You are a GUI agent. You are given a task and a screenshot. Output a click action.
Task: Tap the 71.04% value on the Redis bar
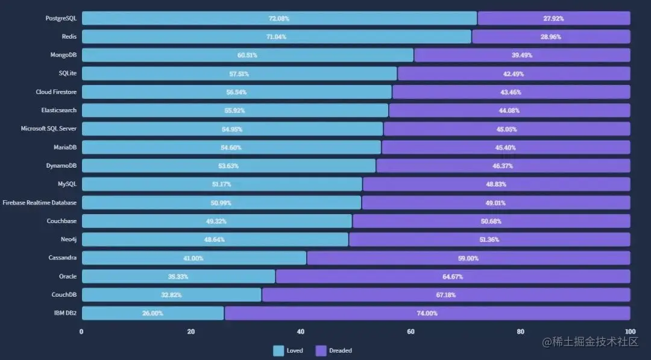coord(276,37)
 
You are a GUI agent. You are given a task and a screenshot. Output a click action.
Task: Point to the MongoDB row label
coord(63,55)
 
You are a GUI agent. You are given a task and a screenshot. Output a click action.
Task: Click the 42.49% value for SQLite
coord(514,74)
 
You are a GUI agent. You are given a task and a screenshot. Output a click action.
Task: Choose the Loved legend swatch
coord(278,350)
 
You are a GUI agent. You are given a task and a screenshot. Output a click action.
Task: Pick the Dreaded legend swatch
coord(321,350)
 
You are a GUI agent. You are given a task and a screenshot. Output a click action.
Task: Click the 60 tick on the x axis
coord(411,332)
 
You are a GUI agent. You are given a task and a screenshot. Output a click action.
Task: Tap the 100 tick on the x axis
coord(630,332)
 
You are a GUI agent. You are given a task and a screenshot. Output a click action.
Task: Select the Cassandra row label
coord(63,257)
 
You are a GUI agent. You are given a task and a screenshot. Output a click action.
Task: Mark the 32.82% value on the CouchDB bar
coord(171,295)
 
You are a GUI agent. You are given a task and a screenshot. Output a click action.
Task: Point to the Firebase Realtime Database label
coord(40,203)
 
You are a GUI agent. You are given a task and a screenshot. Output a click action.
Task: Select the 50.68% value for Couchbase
coord(491,221)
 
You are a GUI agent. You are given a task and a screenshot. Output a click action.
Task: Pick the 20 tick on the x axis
coord(191,332)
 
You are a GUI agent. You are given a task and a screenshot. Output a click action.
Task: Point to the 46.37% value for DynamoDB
coord(503,166)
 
